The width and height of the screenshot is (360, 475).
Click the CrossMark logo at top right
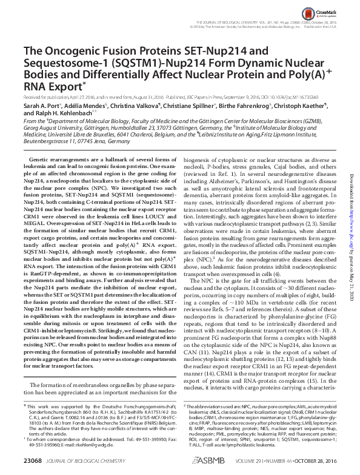330,11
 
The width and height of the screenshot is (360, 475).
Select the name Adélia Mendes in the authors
86,105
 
